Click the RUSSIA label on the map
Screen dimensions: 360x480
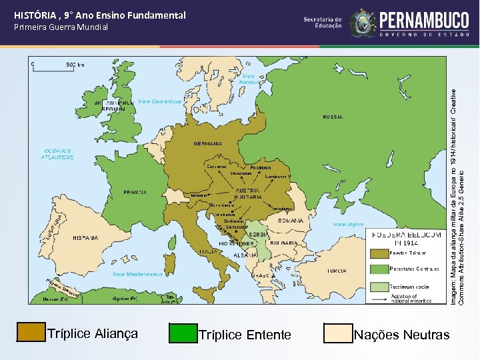[333, 117]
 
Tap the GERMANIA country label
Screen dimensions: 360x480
[208, 143]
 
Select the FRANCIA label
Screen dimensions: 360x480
[135, 192]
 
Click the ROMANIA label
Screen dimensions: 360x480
[291, 220]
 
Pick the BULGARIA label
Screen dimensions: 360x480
[284, 243]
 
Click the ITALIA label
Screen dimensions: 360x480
[208, 251]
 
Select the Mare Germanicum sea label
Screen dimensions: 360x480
[159, 101]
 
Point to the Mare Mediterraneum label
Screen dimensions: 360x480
[142, 273]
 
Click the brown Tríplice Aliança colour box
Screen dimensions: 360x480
[30, 333]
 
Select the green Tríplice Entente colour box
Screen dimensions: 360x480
[183, 333]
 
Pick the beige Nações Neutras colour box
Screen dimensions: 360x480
[337, 333]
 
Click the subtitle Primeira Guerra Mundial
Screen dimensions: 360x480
[61, 27]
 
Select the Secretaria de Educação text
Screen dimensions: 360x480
[323, 23]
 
